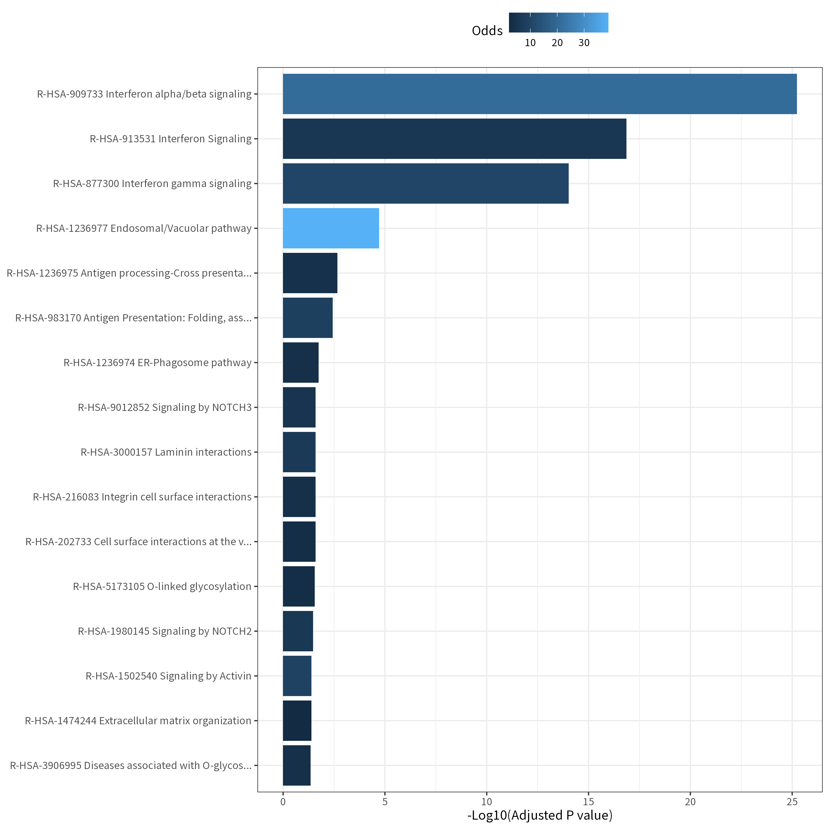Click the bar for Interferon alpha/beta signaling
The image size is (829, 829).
point(539,94)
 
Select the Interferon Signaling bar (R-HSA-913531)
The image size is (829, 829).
point(454,139)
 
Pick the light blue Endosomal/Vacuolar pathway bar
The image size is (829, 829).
point(331,228)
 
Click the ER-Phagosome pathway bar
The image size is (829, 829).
point(300,363)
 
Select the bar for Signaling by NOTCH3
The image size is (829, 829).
point(299,407)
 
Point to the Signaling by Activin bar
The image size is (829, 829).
point(297,676)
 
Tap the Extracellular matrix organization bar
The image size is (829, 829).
point(297,721)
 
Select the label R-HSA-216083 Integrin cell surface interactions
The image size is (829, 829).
point(142,497)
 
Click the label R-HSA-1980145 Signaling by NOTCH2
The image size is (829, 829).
point(165,631)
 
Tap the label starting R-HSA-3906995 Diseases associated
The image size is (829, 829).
point(131,765)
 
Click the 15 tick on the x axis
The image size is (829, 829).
point(588,802)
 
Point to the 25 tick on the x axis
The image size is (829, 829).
point(792,802)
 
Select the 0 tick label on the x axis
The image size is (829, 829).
point(283,802)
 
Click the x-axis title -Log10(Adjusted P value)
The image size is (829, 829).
point(540,815)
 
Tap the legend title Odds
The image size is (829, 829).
point(487,30)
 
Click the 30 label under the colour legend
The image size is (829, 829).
point(584,43)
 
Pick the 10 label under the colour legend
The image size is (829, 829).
point(530,43)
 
